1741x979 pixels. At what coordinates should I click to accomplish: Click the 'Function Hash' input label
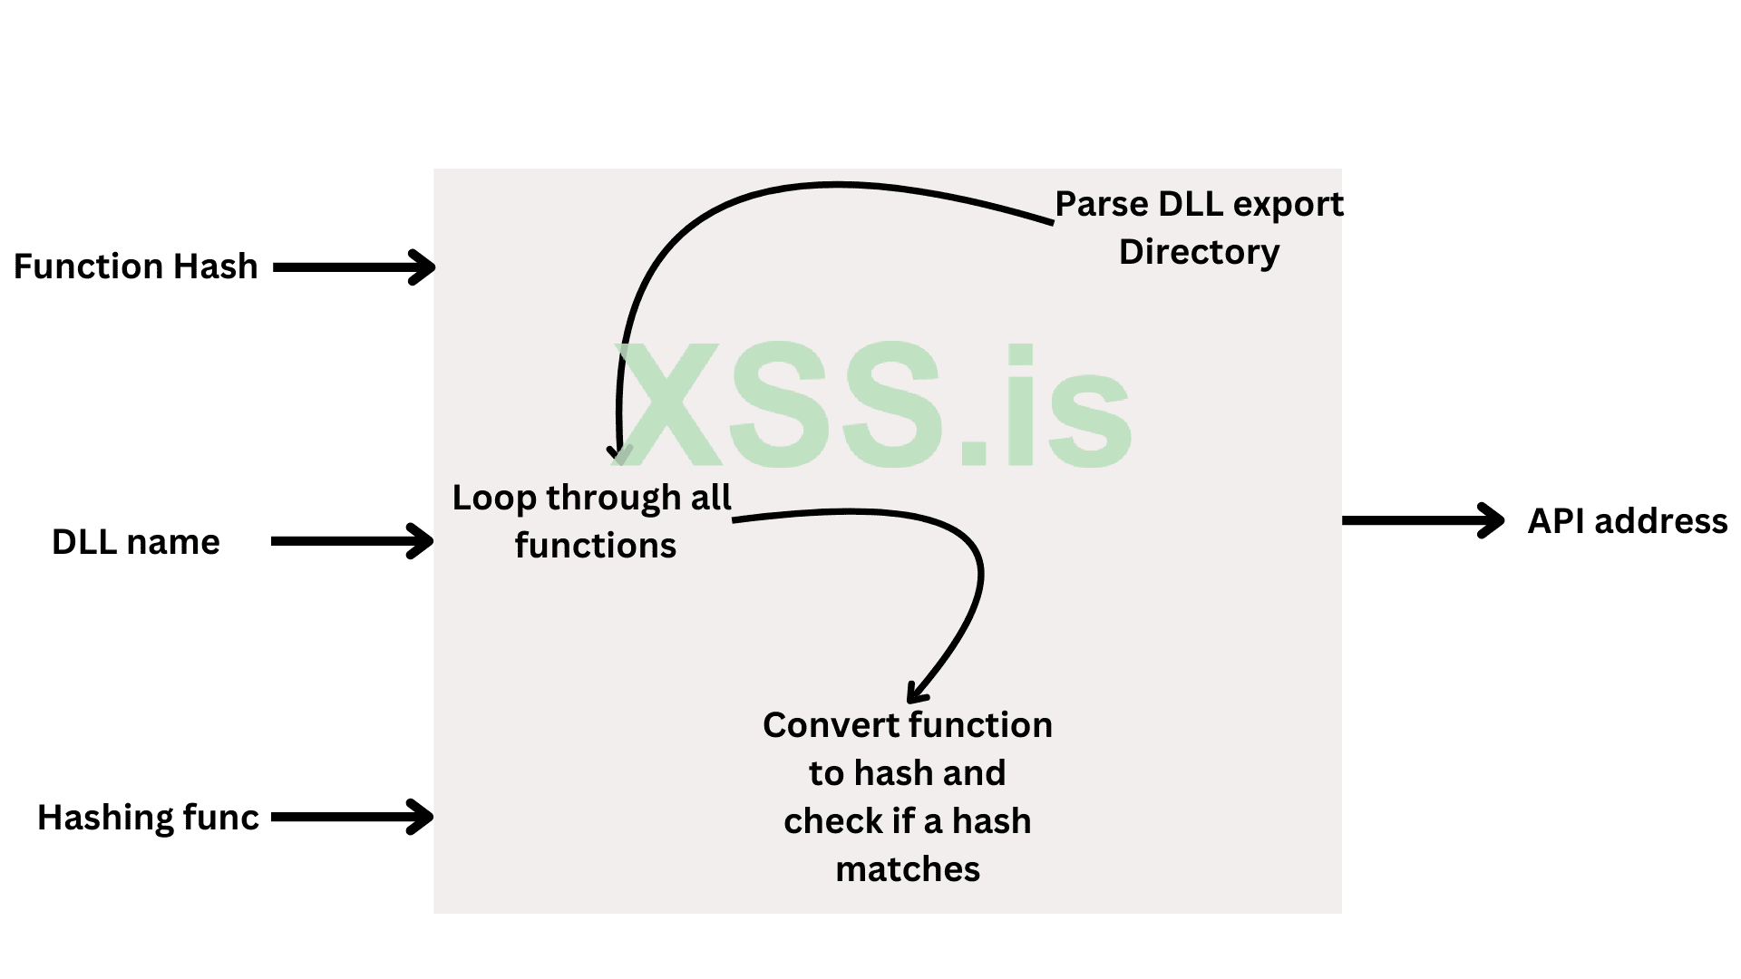pyautogui.click(x=136, y=267)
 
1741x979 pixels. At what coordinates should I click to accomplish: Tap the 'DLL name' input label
pyautogui.click(x=136, y=542)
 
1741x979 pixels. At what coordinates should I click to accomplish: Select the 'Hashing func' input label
pyautogui.click(x=148, y=818)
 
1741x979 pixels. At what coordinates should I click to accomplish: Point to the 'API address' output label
pyautogui.click(x=1627, y=521)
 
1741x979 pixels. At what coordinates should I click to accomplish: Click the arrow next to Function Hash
pyautogui.click(x=354, y=267)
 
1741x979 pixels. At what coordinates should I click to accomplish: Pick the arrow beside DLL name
pyautogui.click(x=352, y=541)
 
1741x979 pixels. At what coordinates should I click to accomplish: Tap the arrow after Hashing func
pyautogui.click(x=352, y=817)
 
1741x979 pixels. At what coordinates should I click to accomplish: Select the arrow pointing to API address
pyautogui.click(x=1422, y=520)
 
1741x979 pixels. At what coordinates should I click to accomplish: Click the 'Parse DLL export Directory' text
pyautogui.click(x=1199, y=228)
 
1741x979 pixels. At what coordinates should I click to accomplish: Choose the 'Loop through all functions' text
pyautogui.click(x=592, y=521)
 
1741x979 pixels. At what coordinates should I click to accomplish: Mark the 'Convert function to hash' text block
pyautogui.click(x=907, y=797)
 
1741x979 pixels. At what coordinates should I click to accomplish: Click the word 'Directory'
pyautogui.click(x=1199, y=252)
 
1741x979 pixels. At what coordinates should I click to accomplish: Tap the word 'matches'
pyautogui.click(x=907, y=869)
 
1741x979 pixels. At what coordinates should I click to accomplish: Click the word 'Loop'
pyautogui.click(x=494, y=498)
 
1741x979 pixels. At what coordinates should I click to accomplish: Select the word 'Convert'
pyautogui.click(x=831, y=725)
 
